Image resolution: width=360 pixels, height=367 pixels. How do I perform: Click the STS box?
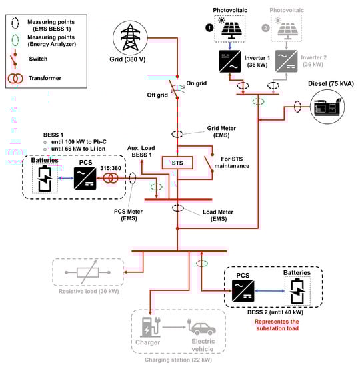[177, 163]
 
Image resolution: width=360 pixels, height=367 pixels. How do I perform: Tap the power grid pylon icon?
[130, 37]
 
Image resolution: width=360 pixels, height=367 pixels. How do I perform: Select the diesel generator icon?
[327, 107]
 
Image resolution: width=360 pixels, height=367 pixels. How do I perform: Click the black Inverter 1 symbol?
[230, 61]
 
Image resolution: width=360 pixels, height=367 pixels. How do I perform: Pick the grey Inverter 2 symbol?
[286, 61]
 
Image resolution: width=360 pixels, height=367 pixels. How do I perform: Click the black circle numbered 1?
[209, 28]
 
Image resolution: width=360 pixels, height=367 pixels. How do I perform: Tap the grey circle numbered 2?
[265, 28]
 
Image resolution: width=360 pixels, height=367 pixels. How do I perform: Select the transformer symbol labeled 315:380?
[111, 178]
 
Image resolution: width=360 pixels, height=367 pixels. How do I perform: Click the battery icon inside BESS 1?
[45, 178]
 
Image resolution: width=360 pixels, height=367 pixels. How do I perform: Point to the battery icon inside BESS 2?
[297, 291]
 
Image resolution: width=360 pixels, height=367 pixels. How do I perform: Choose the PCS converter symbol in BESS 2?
[243, 291]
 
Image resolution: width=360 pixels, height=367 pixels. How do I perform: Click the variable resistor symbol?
[88, 272]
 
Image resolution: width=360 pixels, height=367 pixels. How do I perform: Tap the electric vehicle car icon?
[201, 327]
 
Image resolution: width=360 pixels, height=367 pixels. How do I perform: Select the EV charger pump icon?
[151, 327]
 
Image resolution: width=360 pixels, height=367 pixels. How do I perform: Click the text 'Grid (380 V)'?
[127, 59]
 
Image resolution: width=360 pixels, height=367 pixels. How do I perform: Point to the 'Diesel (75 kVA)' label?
[331, 83]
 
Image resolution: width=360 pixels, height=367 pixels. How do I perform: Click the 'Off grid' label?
[157, 95]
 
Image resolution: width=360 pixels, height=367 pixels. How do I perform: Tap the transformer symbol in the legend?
[15, 79]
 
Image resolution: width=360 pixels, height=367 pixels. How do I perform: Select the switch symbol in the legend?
[15, 59]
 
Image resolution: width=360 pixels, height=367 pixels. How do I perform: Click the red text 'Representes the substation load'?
[277, 325]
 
